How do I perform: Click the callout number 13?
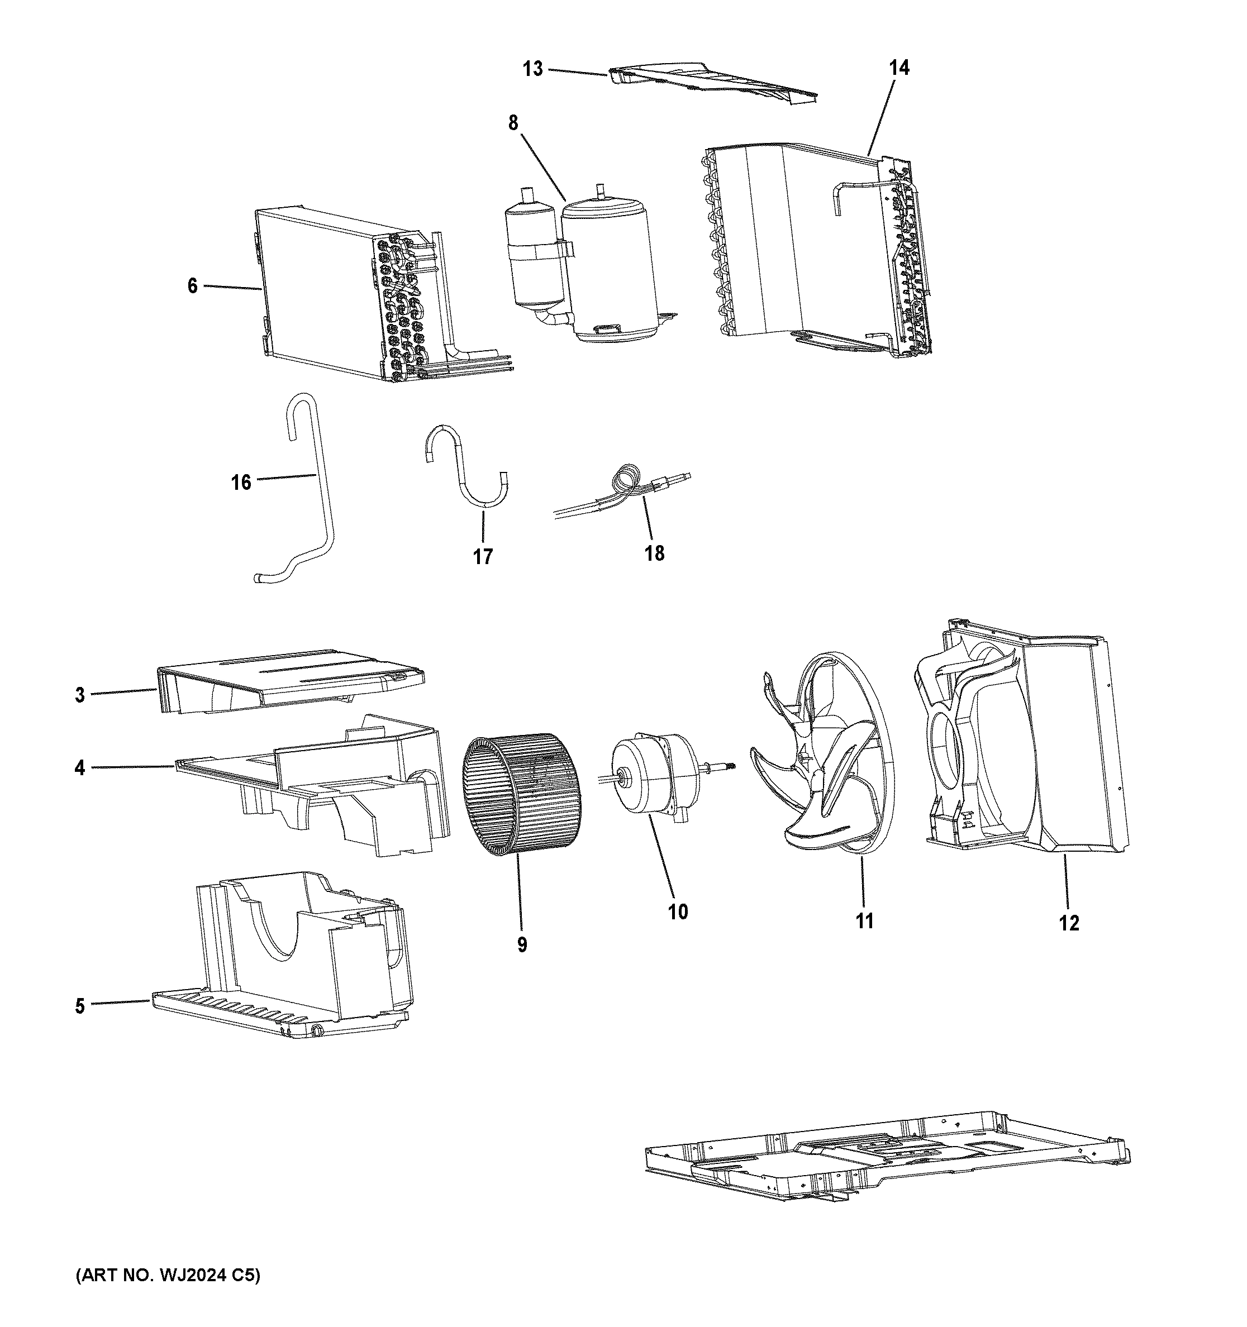point(532,69)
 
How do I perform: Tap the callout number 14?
point(898,68)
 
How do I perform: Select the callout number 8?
point(513,123)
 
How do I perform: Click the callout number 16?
point(240,482)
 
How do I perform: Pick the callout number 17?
point(482,556)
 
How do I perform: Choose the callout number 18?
point(654,553)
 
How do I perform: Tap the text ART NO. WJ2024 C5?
point(167,1275)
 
